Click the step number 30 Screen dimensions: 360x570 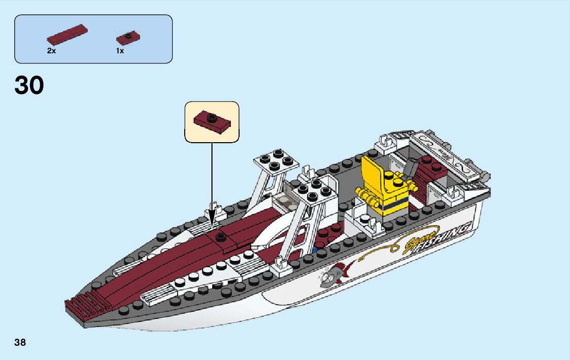click(x=29, y=86)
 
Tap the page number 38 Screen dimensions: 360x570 click(x=20, y=342)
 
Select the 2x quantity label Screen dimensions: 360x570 click(x=51, y=51)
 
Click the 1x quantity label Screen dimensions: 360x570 click(x=120, y=51)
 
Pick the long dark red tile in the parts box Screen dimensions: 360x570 click(x=67, y=35)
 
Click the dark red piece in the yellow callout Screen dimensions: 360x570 click(x=212, y=122)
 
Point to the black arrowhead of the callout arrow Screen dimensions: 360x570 click(x=212, y=222)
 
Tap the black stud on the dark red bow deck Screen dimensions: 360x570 click(x=221, y=236)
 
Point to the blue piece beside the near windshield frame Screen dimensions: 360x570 click(x=316, y=250)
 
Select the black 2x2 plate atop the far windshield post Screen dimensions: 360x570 click(x=277, y=159)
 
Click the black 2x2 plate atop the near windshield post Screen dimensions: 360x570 click(x=314, y=188)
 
